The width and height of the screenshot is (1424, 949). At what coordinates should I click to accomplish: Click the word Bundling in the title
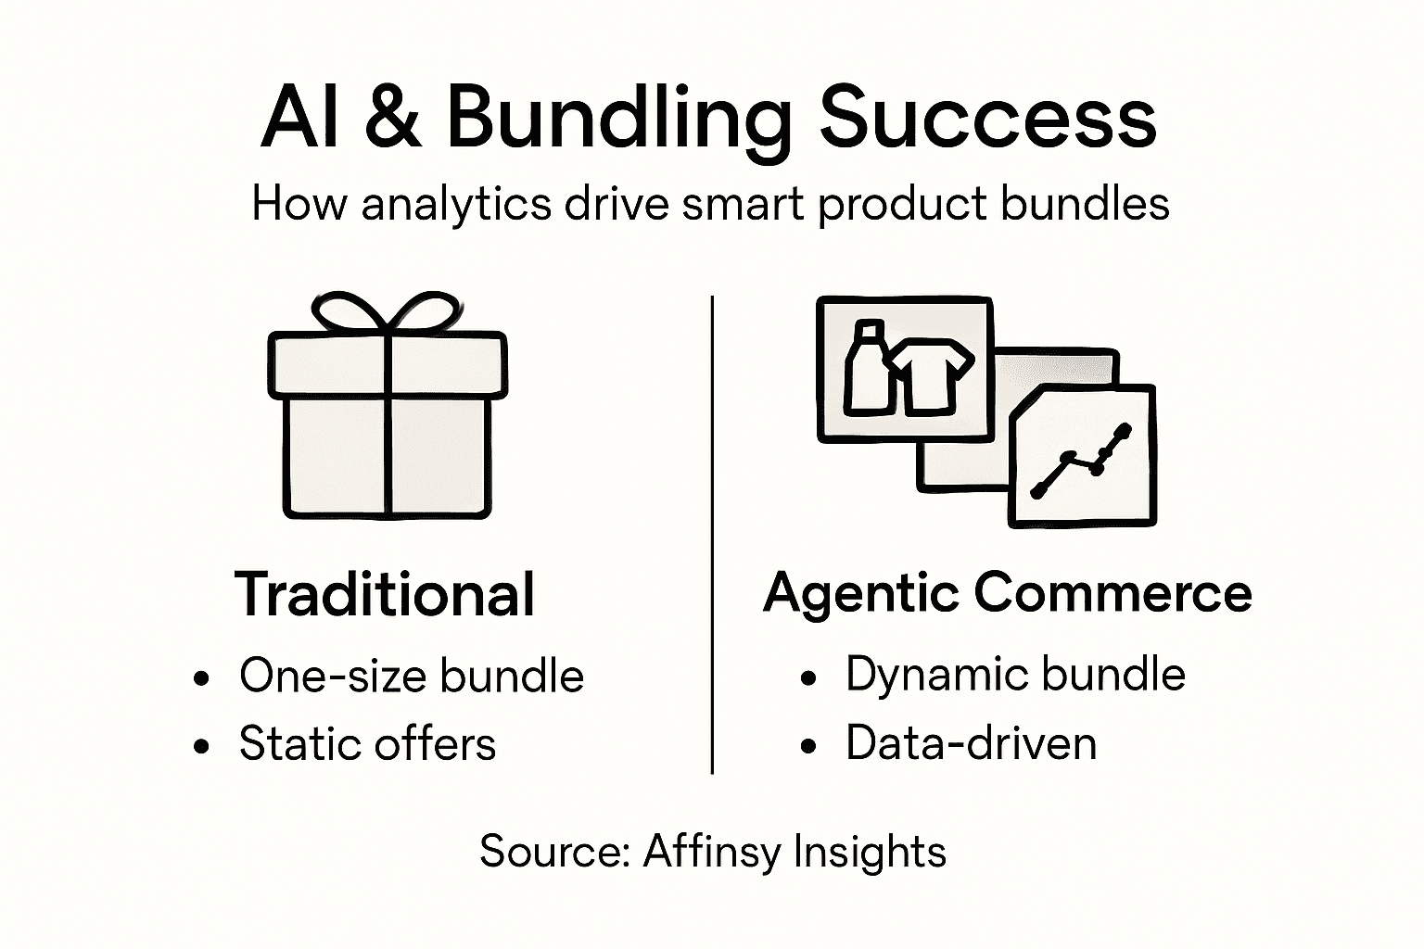[617, 119]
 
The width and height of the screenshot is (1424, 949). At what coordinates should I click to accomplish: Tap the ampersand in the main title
[393, 119]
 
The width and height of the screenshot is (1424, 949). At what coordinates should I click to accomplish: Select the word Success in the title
[987, 119]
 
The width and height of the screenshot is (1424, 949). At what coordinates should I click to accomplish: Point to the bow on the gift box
[387, 313]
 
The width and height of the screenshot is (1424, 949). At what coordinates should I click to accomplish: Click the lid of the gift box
[388, 365]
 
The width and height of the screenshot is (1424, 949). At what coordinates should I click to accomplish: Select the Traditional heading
[385, 594]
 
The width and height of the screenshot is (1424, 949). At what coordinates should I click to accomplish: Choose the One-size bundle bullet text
[411, 676]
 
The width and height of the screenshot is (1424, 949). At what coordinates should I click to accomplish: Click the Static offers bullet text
[367, 743]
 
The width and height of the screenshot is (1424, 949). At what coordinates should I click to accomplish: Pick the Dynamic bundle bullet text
[1015, 674]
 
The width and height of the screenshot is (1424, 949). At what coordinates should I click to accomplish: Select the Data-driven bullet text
[971, 743]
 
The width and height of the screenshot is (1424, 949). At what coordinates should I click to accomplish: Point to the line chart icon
[1082, 461]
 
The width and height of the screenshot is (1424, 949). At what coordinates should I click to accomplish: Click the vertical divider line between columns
[711, 535]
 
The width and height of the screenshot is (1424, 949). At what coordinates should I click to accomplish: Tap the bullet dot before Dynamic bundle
[809, 678]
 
